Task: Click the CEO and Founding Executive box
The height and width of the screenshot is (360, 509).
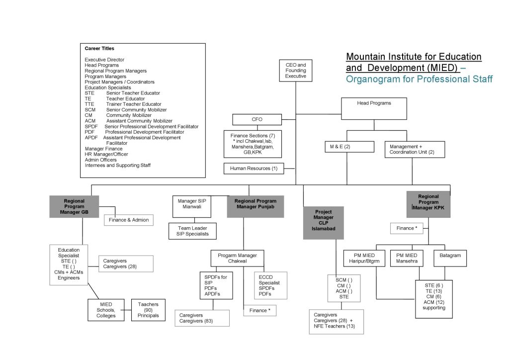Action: tap(296, 71)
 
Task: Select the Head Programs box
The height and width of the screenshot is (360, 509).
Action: tap(374, 108)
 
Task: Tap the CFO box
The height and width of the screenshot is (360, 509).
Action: tap(257, 119)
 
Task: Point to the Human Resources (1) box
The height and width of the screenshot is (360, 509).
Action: tap(254, 169)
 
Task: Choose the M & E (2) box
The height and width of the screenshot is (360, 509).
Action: tap(348, 146)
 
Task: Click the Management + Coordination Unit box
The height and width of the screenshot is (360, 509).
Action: tap(415, 149)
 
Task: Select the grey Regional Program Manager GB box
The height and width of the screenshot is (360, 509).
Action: tap(74, 206)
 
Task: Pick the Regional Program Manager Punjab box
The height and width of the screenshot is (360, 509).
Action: tap(255, 206)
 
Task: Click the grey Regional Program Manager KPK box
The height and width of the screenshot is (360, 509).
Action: tap(428, 204)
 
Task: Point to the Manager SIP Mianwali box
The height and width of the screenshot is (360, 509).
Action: tap(191, 206)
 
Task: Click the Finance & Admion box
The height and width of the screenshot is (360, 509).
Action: tap(126, 220)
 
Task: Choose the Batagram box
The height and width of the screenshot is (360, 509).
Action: tap(450, 256)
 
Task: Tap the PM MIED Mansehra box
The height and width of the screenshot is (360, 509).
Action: tap(406, 258)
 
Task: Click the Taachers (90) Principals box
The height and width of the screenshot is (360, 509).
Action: tap(148, 310)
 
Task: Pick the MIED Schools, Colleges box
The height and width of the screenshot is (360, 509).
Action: tap(106, 310)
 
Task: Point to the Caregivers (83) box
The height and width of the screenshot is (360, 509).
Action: tap(202, 318)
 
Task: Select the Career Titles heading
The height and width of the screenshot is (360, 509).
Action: tap(99, 49)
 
